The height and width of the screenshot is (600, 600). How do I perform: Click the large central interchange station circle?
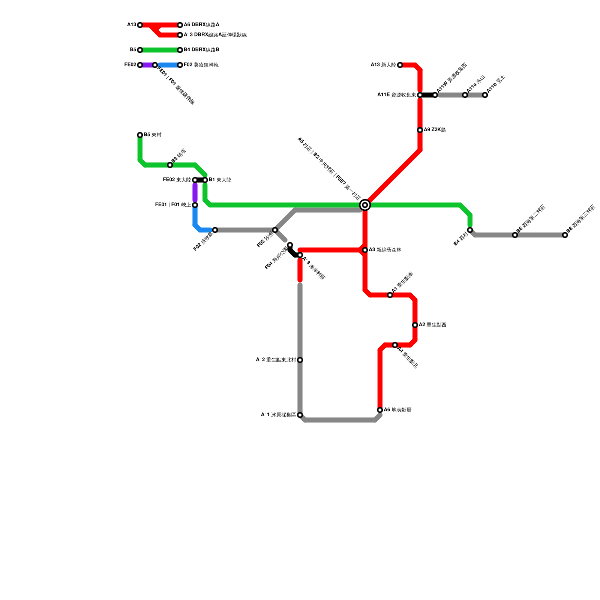click(x=365, y=205)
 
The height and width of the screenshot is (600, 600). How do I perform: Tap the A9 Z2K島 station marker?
click(x=420, y=130)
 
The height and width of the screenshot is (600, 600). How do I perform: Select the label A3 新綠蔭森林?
click(x=385, y=250)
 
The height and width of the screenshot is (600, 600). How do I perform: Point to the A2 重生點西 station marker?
click(x=415, y=325)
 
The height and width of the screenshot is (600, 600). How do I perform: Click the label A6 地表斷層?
click(x=397, y=410)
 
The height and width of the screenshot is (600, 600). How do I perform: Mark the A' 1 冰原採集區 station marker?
click(x=300, y=415)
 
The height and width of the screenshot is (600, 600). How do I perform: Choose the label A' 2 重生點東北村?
click(x=276, y=360)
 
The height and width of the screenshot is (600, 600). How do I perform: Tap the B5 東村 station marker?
click(x=140, y=135)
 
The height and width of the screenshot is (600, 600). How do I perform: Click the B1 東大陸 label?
click(x=220, y=180)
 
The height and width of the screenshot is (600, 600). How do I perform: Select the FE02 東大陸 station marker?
click(x=195, y=180)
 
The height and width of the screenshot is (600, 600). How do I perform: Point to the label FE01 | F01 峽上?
click(x=173, y=205)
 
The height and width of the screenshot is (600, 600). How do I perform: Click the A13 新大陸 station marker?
click(x=400, y=65)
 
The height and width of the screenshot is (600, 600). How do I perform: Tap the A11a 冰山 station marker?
click(x=465, y=95)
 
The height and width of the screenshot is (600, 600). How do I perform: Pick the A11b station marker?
click(x=485, y=95)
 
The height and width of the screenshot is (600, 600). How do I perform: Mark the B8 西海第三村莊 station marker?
click(x=565, y=235)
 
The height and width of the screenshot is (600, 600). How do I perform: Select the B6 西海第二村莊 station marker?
click(x=515, y=235)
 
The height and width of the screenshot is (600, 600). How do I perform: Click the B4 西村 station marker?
click(x=470, y=230)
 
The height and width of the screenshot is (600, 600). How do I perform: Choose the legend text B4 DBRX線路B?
click(x=201, y=50)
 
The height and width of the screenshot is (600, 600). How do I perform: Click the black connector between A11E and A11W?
click(x=427, y=95)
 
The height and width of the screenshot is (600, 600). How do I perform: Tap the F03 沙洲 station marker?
click(x=275, y=230)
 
